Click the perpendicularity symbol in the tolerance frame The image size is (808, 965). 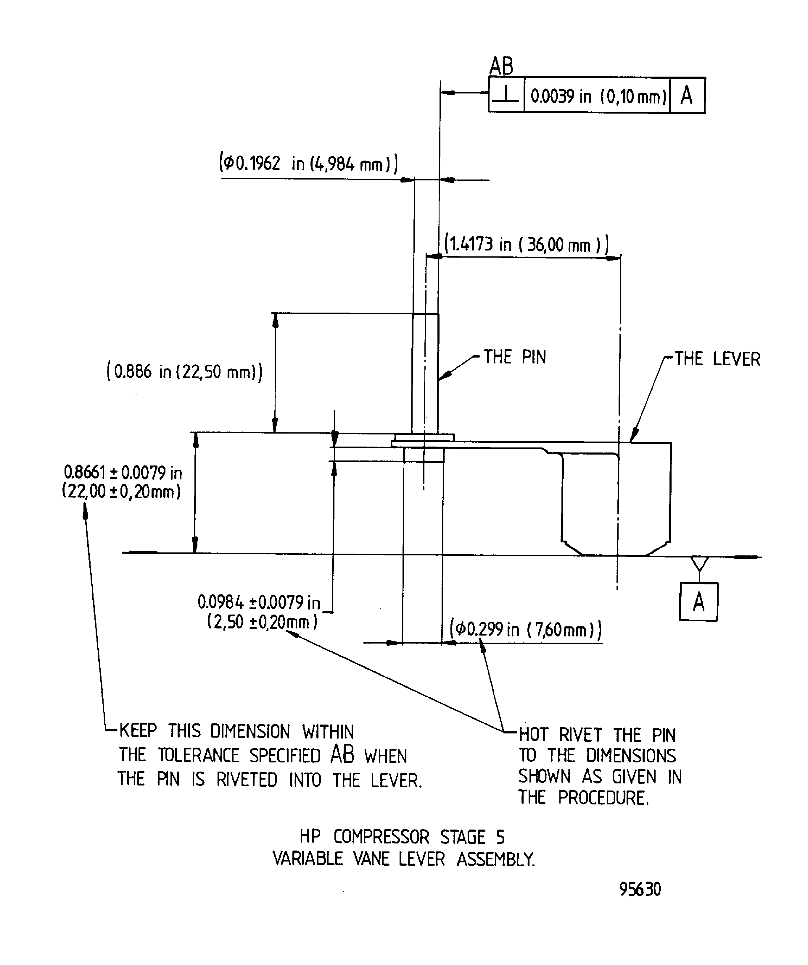coord(506,95)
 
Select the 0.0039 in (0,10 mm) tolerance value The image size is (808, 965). coord(598,96)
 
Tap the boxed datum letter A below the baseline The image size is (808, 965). coord(698,602)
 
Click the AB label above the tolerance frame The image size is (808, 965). coord(501,66)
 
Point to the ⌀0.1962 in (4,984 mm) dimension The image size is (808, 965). coord(308,163)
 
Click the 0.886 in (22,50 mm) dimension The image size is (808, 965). coord(184,371)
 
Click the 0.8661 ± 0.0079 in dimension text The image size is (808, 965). coord(123,472)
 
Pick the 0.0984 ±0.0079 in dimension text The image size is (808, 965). coord(258,602)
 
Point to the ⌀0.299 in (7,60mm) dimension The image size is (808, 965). coord(526,629)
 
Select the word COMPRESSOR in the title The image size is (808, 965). coord(381,837)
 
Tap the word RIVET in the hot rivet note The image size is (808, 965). coord(580,735)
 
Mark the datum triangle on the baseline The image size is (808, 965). coord(699,563)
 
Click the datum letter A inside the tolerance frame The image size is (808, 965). coord(687,96)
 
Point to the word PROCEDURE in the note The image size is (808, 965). coord(603,798)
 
